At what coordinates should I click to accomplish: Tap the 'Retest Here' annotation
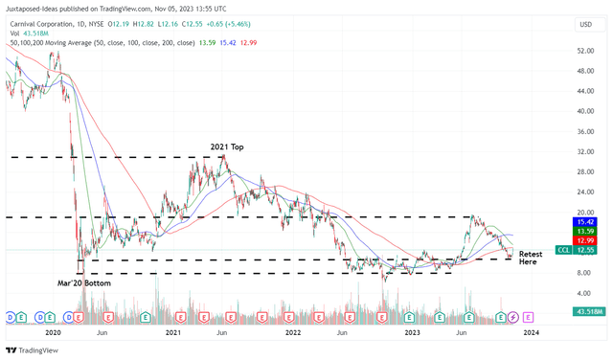coord(531,259)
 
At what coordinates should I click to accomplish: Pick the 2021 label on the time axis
coord(172,331)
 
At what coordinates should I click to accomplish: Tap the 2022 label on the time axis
coord(293,331)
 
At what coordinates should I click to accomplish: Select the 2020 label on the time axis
coord(53,331)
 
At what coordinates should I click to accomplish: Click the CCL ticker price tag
coord(571,250)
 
